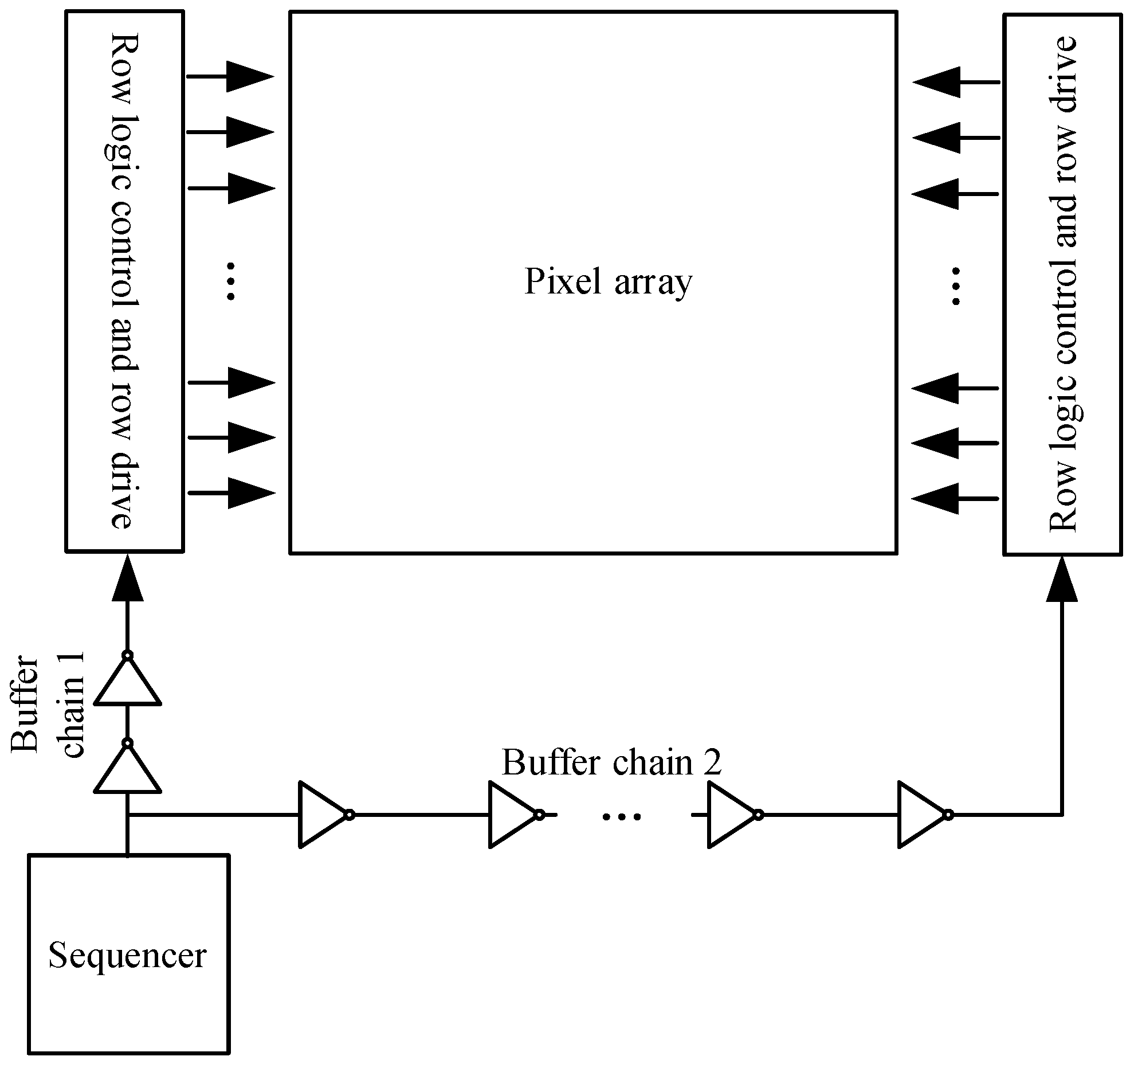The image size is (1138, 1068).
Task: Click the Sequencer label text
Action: [x=127, y=955]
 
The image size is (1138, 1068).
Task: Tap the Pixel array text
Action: [x=608, y=282]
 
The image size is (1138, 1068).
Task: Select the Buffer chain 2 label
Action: [x=611, y=763]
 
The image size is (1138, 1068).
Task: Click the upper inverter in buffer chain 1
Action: [x=127, y=682]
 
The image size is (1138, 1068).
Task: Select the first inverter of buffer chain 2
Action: [x=324, y=814]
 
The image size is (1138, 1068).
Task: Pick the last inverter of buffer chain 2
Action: [x=923, y=814]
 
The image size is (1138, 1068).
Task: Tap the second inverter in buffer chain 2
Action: [x=514, y=814]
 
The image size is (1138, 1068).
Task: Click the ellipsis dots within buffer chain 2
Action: [x=622, y=816]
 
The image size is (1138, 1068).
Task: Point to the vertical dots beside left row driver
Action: [x=231, y=281]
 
